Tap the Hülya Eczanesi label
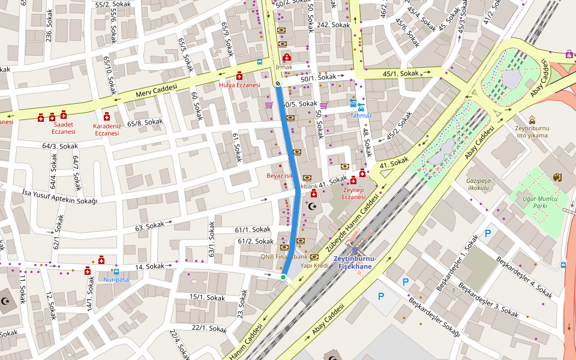point(239,85)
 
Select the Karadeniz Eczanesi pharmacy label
point(107,130)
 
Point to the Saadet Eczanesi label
point(63,128)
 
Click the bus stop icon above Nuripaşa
point(116,271)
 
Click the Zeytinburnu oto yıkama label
point(532,131)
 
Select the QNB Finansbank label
point(280,256)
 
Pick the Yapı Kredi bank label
point(314,265)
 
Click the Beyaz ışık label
point(280,176)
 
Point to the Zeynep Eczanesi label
point(353,193)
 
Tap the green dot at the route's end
point(283,277)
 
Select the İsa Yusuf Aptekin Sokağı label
point(59,196)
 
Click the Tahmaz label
point(361,115)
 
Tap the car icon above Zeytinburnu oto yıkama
point(532,119)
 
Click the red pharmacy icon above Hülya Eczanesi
point(239,76)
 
